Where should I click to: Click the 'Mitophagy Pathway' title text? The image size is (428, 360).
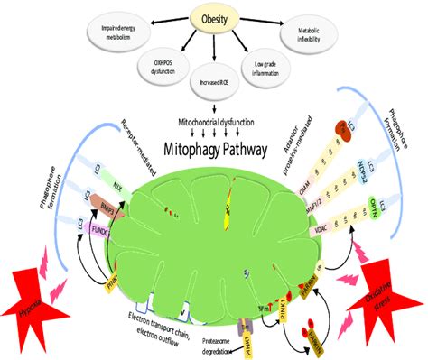(x=213, y=143)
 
